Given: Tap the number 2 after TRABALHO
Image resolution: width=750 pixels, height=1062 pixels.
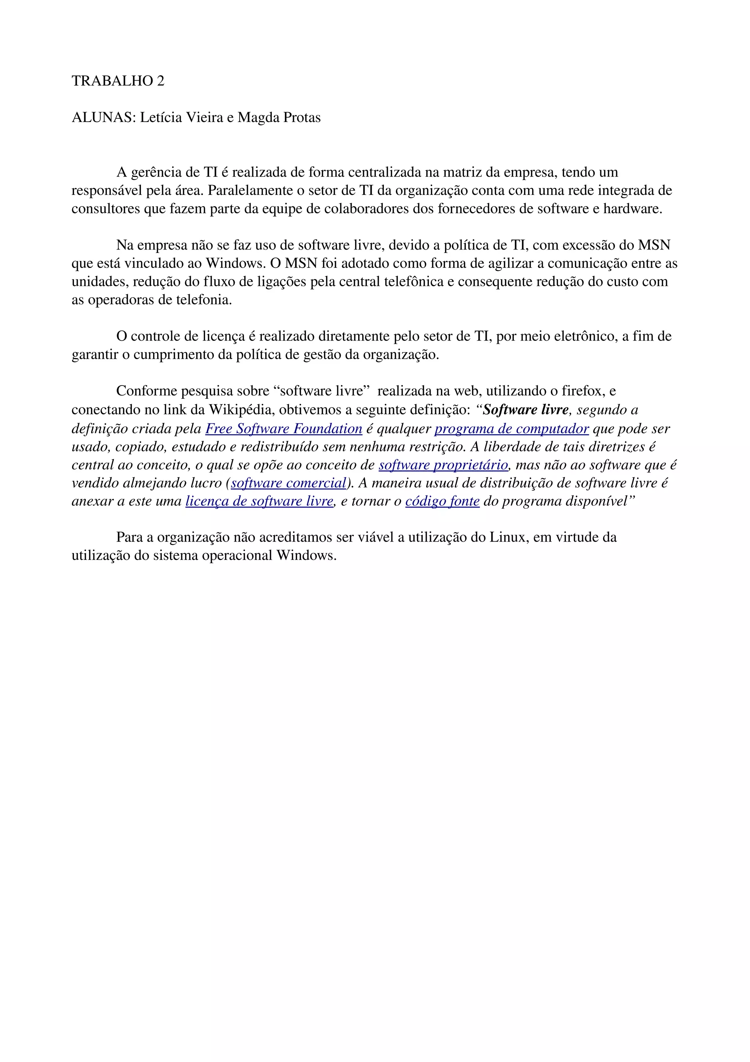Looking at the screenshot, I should [160, 81].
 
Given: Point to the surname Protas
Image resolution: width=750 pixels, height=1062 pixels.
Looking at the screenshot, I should [302, 118].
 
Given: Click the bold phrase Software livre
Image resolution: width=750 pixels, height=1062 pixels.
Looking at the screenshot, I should [526, 410].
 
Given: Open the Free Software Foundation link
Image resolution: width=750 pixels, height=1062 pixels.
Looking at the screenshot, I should [284, 428].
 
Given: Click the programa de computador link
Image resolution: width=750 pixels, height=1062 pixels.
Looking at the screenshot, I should [512, 428].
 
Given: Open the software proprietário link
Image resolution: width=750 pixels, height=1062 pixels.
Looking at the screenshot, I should [443, 465].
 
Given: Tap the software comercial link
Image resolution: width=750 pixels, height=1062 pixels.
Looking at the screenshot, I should [288, 483].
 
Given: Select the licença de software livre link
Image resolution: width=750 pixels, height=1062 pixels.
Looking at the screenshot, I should [259, 501].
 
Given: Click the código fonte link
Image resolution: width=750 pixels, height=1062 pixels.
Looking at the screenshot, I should [442, 501].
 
